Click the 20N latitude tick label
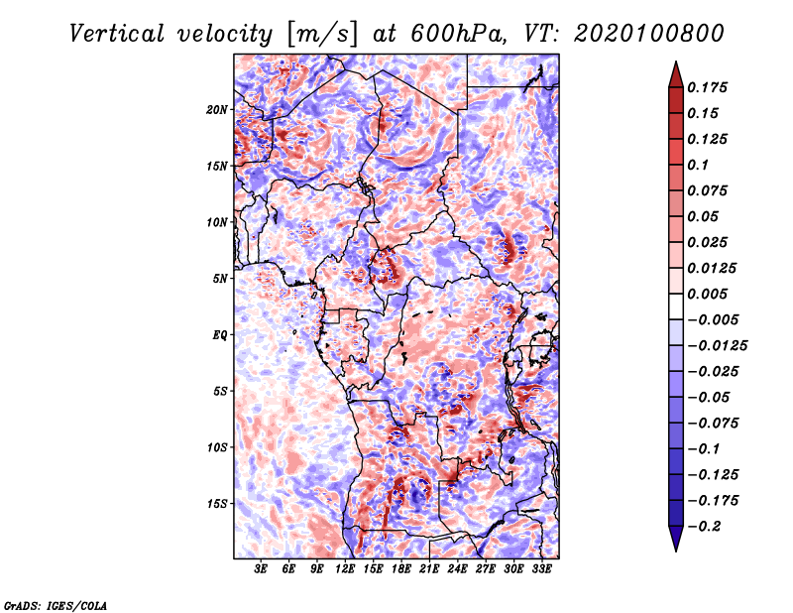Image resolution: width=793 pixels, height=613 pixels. [x=217, y=109]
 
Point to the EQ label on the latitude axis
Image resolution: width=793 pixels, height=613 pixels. [x=220, y=334]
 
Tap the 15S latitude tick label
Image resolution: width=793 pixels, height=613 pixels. [x=217, y=504]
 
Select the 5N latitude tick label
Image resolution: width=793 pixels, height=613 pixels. [x=220, y=279]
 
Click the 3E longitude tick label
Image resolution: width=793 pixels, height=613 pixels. [x=261, y=569]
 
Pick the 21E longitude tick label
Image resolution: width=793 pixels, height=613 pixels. [x=429, y=569]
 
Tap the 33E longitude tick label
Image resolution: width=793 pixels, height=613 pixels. [x=541, y=569]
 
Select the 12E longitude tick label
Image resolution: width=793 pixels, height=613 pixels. [x=345, y=569]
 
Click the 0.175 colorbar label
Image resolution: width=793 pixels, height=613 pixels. [x=707, y=87]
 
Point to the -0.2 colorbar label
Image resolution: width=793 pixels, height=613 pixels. [x=704, y=527]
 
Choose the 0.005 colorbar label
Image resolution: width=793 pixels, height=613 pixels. [x=707, y=294]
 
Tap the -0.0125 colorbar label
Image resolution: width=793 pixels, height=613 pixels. [x=717, y=346]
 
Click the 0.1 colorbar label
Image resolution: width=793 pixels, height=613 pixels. [x=698, y=165]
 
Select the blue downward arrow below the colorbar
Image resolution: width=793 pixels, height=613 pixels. [x=676, y=538]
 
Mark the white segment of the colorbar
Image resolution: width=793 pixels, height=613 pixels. [x=676, y=306]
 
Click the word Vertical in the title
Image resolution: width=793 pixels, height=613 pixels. [x=117, y=34]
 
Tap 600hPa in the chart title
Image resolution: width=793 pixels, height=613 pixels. [x=457, y=34]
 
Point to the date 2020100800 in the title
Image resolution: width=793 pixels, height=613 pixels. [x=649, y=34]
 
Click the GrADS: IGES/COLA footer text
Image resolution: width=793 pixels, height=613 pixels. [x=56, y=605]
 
